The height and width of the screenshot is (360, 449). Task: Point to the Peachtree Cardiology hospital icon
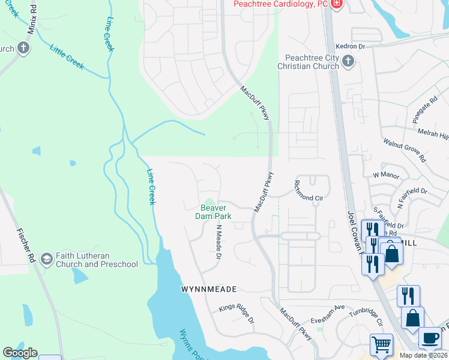tap(337, 4)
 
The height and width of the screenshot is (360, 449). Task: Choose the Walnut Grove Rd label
tap(405, 150)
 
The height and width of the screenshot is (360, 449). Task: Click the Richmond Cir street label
tap(308, 190)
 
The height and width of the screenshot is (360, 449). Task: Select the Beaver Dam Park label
tap(216, 212)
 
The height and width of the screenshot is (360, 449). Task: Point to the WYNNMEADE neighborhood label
tap(205, 289)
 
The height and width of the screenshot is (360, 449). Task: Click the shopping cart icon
tap(381, 345)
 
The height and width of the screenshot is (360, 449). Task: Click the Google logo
tap(20, 353)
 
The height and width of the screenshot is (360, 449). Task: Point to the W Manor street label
tap(386, 175)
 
